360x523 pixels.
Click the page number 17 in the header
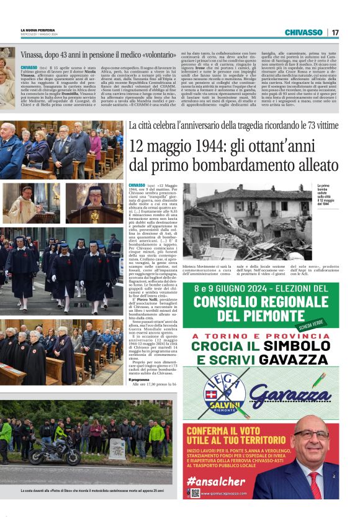335,32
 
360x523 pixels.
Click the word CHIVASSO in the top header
304,32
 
